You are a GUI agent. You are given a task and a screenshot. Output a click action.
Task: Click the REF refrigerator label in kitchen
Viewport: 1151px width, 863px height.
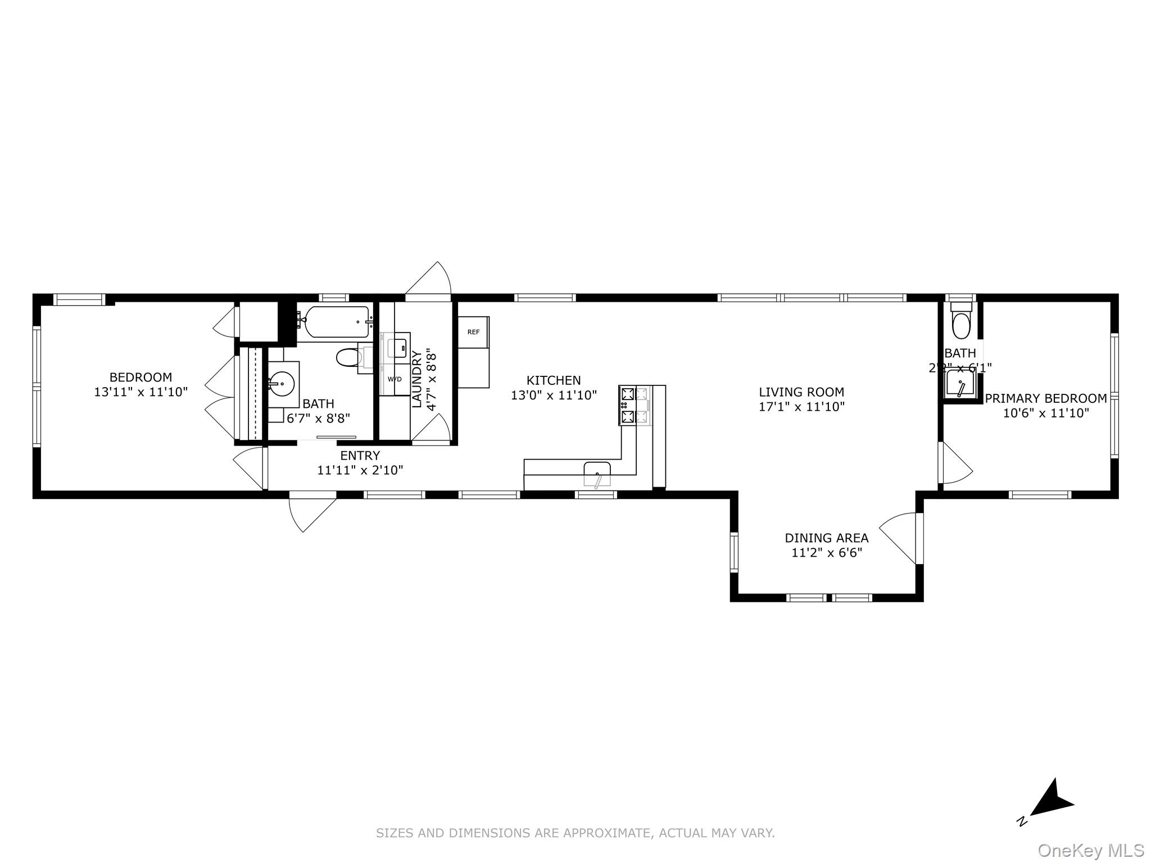473,332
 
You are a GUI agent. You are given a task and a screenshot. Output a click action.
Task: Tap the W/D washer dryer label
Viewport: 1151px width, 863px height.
395,379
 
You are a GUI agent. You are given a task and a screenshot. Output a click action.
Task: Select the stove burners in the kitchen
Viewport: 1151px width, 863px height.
628,405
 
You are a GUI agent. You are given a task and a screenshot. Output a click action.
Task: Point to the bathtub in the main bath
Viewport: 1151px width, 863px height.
336,322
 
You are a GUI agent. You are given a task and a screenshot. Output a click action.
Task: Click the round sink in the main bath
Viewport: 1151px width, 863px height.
283,384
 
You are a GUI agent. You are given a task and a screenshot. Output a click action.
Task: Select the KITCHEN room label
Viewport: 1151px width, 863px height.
554,380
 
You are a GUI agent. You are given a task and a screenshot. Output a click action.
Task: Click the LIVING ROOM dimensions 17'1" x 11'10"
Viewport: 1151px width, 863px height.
801,407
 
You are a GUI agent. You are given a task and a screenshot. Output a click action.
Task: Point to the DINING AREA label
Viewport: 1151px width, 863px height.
826,538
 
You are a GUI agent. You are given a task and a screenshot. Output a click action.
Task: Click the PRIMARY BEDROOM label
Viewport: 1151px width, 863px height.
1046,398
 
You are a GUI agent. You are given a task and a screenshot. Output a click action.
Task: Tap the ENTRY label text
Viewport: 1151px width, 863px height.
360,455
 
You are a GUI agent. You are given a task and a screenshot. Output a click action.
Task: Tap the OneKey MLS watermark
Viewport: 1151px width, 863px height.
1090,851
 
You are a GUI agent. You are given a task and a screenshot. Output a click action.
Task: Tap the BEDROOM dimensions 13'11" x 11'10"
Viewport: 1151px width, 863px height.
141,392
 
